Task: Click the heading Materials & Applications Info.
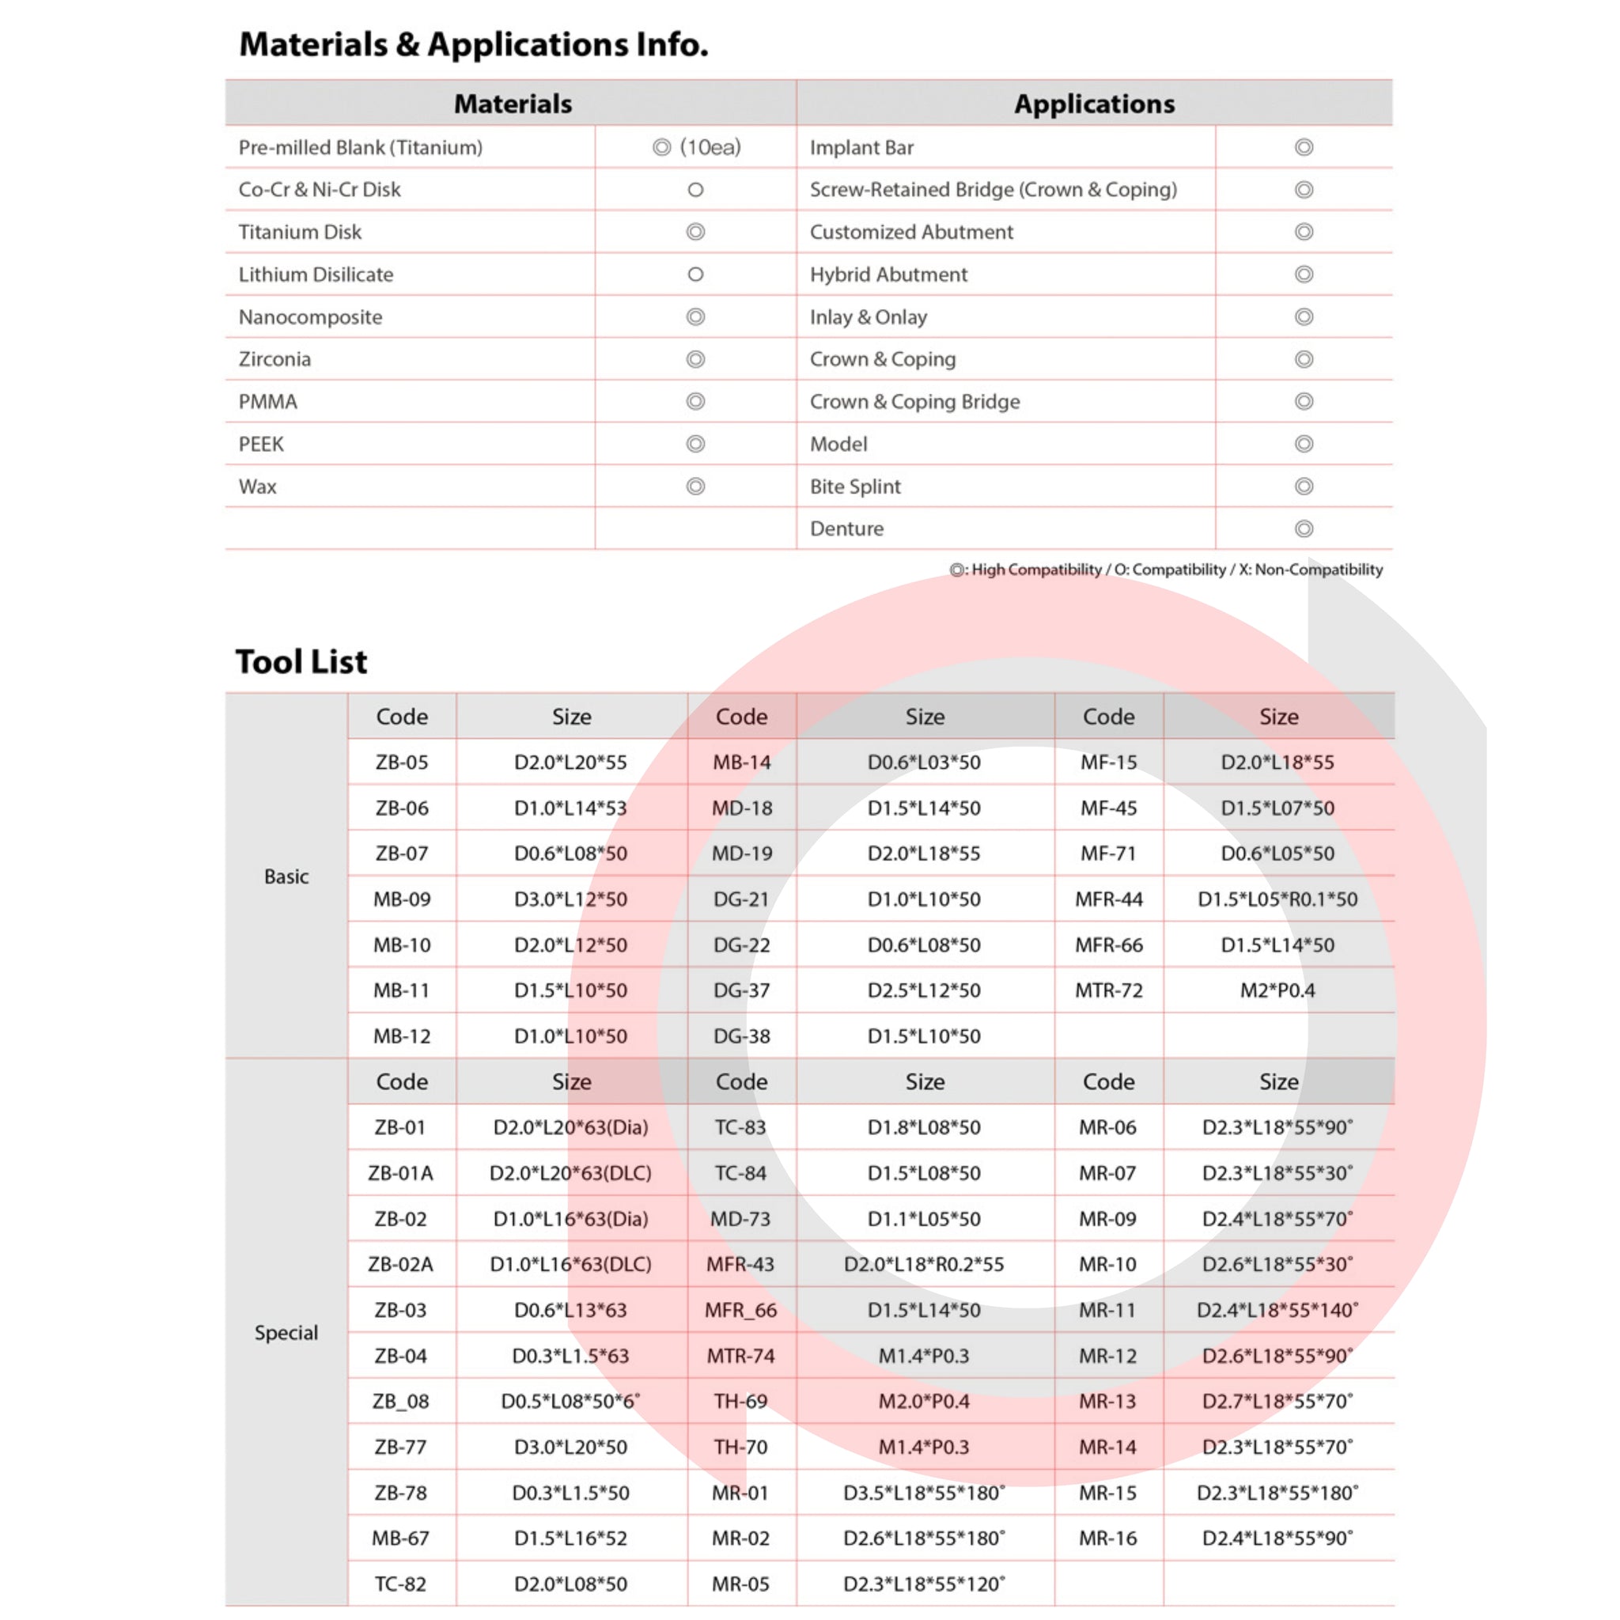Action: point(474,44)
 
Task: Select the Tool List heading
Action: point(301,661)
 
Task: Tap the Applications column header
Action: point(1093,104)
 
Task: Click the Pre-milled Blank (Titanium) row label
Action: point(361,148)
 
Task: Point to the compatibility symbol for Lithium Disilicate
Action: point(695,274)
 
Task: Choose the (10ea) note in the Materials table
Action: point(710,148)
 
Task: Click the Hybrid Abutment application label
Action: point(888,274)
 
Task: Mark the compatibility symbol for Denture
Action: point(1303,529)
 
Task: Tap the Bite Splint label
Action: point(854,486)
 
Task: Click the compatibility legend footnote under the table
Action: point(1165,570)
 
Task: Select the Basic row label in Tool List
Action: point(286,876)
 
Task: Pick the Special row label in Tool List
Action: point(286,1332)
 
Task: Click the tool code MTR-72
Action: point(1108,990)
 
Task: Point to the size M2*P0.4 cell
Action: point(1277,990)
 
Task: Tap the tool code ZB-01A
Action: point(401,1173)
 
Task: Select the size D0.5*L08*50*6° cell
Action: point(570,1401)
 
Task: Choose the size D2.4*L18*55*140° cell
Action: point(1277,1310)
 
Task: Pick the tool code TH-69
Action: point(740,1401)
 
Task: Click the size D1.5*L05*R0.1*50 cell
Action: point(1277,899)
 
